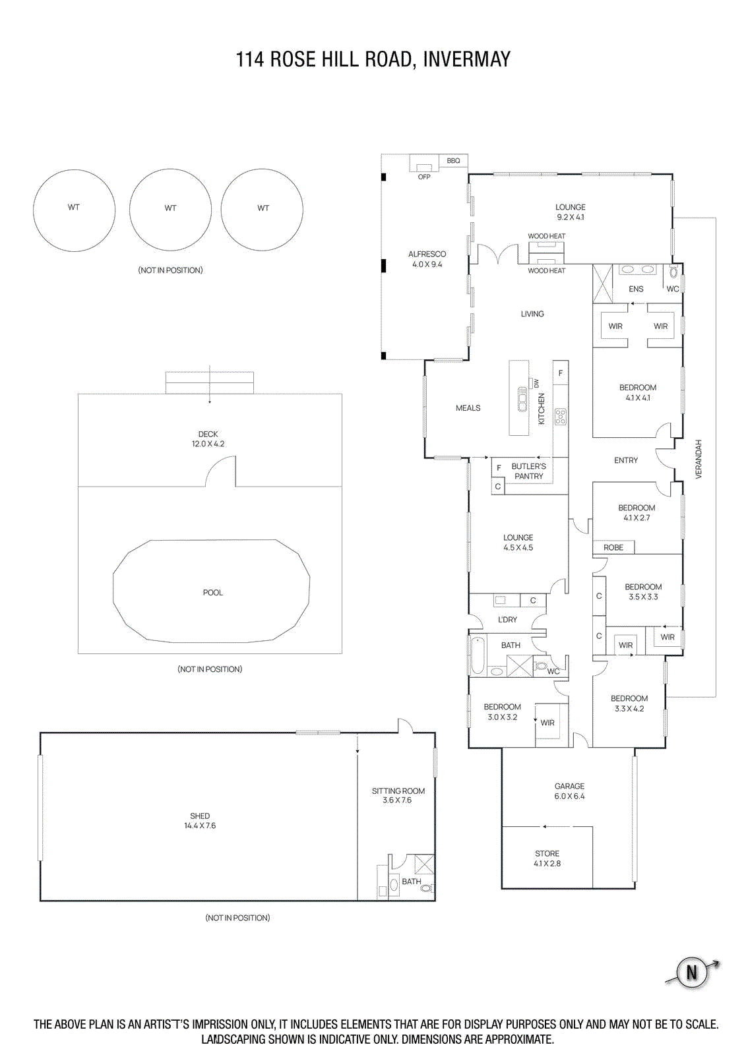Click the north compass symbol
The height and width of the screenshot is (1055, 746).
point(692,973)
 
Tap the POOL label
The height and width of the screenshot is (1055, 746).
point(212,593)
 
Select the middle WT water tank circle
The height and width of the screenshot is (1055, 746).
point(170,209)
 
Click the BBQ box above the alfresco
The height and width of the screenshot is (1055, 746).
point(453,161)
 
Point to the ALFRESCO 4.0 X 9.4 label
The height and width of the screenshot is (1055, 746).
point(427,259)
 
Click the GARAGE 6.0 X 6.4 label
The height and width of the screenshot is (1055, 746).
point(569,791)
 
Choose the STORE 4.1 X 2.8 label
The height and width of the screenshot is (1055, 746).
point(547,859)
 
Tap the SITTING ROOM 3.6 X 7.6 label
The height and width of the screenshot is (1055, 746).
point(398,795)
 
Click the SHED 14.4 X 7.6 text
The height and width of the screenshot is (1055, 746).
point(200,820)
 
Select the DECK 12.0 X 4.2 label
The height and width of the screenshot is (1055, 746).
point(208,438)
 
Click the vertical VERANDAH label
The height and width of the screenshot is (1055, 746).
point(699,459)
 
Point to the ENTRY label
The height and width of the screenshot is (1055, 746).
point(625,460)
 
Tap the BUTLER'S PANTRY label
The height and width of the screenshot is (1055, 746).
point(528,471)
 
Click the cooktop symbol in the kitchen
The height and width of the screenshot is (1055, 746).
point(560,416)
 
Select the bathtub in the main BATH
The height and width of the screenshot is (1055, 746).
point(477,655)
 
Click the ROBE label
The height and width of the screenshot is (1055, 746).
point(613,547)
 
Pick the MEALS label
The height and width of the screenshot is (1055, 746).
point(468,408)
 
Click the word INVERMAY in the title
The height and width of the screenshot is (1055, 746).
point(466,59)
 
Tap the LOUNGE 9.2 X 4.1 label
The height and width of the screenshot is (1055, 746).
point(570,212)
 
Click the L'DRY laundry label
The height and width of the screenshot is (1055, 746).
point(507,620)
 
